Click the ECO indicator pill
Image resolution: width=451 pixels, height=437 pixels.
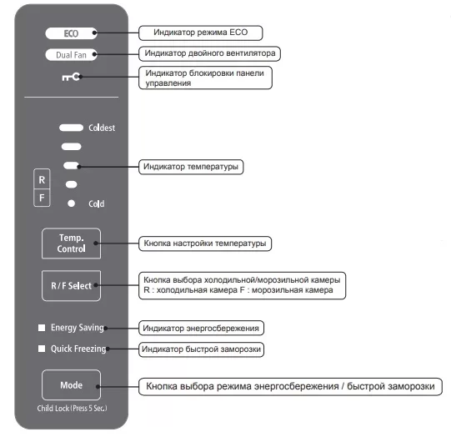point(71,33)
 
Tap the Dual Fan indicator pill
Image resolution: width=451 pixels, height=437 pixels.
point(71,55)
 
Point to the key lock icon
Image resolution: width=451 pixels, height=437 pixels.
point(71,77)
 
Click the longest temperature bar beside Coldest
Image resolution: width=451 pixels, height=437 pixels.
point(71,128)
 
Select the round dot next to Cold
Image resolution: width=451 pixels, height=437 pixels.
point(71,203)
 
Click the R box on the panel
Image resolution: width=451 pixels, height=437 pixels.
point(42,179)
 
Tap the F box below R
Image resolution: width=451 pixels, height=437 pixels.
point(42,198)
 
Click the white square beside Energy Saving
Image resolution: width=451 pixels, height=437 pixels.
point(42,328)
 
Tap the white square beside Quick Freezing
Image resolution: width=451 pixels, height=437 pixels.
point(42,349)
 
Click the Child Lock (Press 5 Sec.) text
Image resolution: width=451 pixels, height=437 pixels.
point(72,409)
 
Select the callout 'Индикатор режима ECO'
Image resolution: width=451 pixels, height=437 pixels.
point(200,33)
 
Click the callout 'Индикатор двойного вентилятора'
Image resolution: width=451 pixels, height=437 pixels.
point(209,53)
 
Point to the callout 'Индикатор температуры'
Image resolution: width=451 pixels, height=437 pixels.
point(191,167)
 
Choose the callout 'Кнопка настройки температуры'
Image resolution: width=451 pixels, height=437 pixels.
point(205,244)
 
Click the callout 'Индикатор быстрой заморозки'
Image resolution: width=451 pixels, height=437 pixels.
point(201,349)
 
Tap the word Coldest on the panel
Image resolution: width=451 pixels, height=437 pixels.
point(102,128)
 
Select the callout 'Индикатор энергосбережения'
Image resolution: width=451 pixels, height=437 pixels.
point(201,328)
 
